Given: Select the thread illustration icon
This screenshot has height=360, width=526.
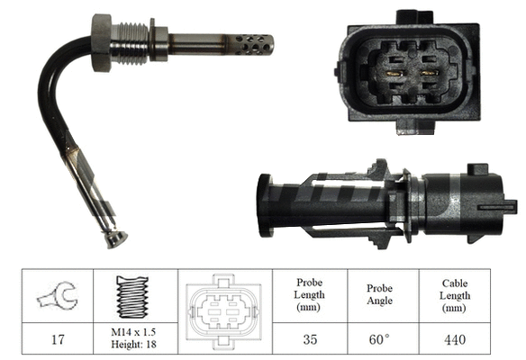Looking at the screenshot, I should (132, 295).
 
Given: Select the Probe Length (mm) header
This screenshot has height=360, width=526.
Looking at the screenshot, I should (309, 295).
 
